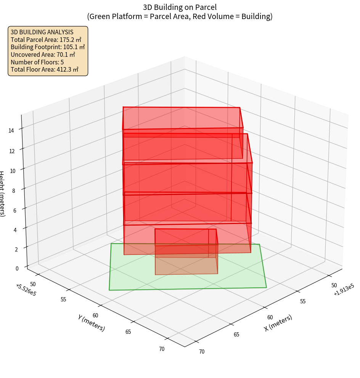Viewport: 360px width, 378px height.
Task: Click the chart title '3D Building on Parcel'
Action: [180, 7]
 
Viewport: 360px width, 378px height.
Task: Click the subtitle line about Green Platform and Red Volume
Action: [180, 16]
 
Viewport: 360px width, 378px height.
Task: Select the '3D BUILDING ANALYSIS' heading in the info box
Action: [42, 32]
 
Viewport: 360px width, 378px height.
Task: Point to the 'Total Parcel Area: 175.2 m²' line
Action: [46, 40]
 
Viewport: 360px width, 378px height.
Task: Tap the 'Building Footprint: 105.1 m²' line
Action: [48, 47]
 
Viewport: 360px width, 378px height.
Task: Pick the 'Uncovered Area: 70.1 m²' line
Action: [45, 54]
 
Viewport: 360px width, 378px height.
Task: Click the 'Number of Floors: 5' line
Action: [37, 62]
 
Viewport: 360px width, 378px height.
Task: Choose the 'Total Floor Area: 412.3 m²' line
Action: [45, 69]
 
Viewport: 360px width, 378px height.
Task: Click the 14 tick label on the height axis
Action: [11, 131]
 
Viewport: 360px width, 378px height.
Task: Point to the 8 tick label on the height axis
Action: [13, 190]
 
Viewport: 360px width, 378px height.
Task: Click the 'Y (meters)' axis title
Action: [92, 322]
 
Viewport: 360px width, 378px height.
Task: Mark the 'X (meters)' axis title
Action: [278, 323]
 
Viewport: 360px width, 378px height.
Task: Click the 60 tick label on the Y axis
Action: [95, 316]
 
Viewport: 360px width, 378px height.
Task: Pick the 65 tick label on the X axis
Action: [236, 335]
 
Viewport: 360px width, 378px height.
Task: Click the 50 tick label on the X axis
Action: [334, 285]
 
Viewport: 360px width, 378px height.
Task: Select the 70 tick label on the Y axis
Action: [162, 349]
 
